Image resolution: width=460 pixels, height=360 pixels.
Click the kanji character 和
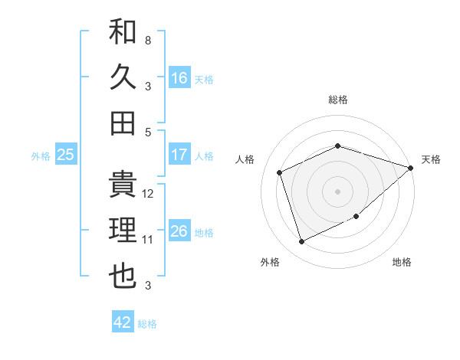pos(123,32)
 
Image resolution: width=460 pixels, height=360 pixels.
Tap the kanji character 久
pos(123,77)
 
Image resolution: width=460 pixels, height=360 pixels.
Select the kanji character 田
pos(123,123)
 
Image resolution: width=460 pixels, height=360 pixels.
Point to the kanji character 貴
pos(123,185)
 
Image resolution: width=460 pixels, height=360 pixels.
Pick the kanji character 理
pos(123,231)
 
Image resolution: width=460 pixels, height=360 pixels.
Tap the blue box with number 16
pos(179,77)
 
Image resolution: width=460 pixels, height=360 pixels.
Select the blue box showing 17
pos(179,155)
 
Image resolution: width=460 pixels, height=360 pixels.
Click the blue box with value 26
pos(179,231)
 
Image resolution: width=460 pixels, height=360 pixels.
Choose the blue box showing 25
pos(65,155)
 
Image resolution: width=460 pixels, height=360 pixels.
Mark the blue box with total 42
pos(123,322)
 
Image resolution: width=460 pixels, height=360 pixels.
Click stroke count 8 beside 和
pos(147,40)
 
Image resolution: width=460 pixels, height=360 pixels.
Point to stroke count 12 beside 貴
pos(148,194)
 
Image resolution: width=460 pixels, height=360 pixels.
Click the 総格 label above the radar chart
pos(338,100)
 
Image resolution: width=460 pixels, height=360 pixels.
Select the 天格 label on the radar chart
pos(431,159)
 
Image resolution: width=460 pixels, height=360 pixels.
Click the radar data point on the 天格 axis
pos(411,168)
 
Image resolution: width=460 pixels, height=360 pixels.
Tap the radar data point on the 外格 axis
pos(302,242)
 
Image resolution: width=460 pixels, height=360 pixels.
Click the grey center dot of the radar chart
pos(338,191)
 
